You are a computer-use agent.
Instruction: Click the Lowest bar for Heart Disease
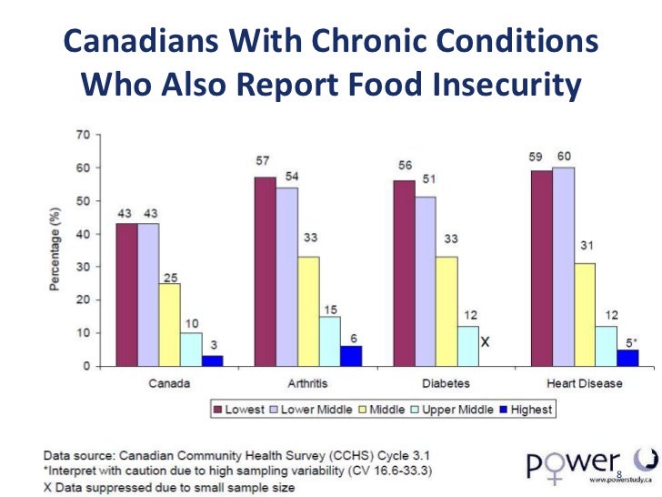(541, 269)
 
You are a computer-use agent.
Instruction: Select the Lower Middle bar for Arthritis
(286, 277)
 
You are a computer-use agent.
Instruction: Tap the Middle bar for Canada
(169, 324)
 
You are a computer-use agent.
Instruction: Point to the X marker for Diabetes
(486, 342)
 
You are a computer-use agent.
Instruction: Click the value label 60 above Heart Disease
(564, 157)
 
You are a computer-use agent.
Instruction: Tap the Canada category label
(170, 383)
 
